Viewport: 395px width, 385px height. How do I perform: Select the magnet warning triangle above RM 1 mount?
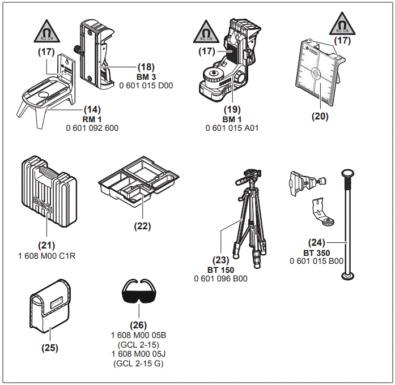click(x=46, y=31)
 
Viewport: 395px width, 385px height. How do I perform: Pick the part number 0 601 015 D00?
click(x=146, y=86)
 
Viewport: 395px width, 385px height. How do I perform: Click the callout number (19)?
click(x=231, y=109)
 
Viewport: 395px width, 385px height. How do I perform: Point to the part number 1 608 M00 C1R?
click(x=47, y=256)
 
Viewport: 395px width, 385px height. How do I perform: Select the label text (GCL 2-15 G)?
click(x=138, y=363)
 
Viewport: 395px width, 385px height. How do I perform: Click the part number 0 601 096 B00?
click(x=220, y=279)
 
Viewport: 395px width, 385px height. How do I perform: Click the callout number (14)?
click(x=92, y=109)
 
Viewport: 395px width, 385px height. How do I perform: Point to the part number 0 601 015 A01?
click(x=232, y=129)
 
